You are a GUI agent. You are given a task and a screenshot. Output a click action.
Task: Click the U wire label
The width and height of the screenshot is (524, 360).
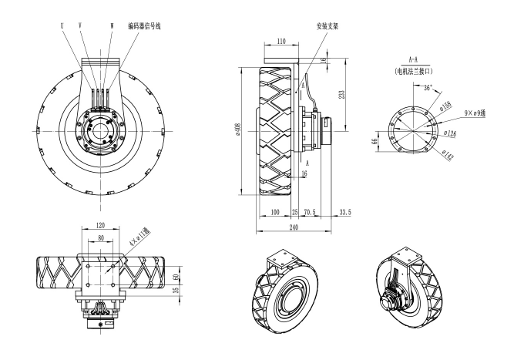click(x=62, y=25)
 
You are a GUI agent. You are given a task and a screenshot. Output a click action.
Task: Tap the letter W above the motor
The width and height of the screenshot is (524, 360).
click(x=112, y=25)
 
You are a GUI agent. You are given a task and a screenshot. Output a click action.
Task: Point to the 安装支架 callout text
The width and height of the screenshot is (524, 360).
click(x=328, y=25)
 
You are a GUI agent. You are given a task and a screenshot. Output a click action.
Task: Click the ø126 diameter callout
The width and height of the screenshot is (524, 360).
click(x=449, y=133)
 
